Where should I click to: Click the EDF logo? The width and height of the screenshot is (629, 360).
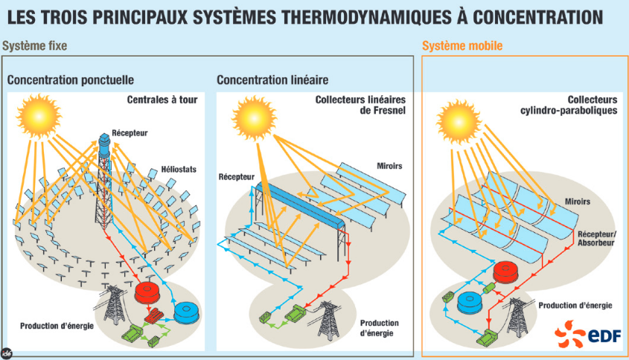[587, 333]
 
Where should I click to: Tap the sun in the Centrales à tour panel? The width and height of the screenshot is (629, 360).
[39, 116]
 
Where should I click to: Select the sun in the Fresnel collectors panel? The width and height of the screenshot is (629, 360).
[255, 118]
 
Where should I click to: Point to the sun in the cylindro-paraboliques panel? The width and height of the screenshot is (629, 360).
[459, 121]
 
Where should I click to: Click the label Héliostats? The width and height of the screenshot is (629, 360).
[179, 169]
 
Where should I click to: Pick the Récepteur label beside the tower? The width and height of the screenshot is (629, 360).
[130, 132]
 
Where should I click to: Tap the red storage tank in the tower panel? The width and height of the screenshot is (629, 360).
[147, 293]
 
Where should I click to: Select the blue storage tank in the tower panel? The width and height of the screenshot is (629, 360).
[187, 312]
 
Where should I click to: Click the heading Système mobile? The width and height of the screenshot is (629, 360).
[462, 45]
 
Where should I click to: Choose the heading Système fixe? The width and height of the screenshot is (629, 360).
[34, 45]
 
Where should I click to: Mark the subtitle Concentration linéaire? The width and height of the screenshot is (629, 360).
[272, 80]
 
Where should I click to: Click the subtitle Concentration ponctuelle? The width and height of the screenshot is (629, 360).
[71, 80]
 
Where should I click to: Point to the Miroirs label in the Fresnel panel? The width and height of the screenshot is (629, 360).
[389, 166]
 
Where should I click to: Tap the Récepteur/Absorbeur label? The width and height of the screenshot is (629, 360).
[596, 238]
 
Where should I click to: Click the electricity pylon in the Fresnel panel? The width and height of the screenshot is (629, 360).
[329, 321]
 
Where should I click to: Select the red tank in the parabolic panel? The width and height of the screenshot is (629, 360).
[507, 271]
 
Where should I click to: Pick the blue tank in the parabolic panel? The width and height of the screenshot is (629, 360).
[471, 303]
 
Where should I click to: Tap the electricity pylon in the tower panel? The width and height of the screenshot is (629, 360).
[115, 304]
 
